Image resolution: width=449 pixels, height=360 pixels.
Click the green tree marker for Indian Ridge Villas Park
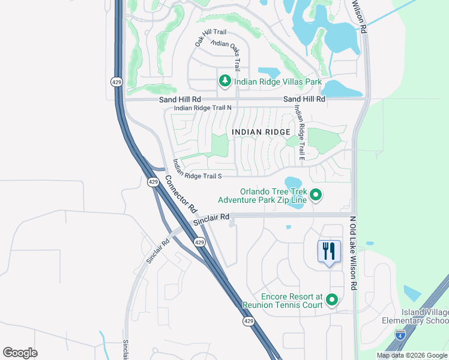tap(224, 80)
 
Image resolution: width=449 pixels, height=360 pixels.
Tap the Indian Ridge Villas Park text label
tap(278, 82)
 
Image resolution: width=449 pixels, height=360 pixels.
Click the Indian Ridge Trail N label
tap(202, 108)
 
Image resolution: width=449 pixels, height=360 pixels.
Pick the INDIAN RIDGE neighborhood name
tap(261, 131)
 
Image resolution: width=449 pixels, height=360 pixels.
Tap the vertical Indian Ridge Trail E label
tap(300, 133)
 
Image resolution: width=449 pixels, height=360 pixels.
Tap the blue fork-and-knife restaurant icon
tap(328, 251)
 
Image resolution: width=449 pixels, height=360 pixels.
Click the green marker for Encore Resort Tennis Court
tap(331, 300)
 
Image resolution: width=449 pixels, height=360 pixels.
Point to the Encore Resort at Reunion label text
tap(283, 301)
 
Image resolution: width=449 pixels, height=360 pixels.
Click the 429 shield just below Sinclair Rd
tap(200, 241)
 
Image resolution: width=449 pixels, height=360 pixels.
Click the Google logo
tap(20, 353)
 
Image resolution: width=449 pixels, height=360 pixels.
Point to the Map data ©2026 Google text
tap(411, 355)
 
